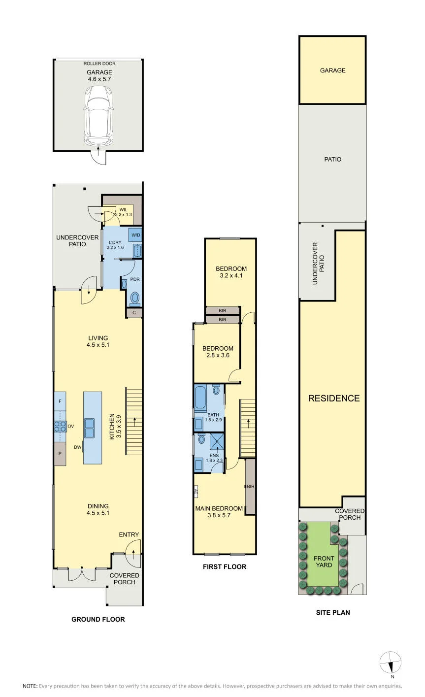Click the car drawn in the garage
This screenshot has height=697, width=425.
tap(98, 115)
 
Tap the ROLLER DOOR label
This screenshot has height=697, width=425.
tap(99, 64)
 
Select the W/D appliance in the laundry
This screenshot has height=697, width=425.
tap(135, 235)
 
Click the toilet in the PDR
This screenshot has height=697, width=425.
tap(135, 298)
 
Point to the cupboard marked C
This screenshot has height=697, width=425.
tap(134, 313)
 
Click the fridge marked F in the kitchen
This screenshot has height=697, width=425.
tap(60, 401)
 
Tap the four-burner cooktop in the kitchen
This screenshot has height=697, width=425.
tap(61, 426)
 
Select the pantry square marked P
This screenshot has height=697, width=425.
tap(60, 454)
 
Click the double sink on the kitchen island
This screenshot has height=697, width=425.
tap(90, 428)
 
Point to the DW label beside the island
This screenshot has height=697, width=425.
tap(78, 447)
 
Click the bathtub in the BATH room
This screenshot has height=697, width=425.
tap(200, 397)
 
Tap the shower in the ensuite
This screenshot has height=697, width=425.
tap(217, 441)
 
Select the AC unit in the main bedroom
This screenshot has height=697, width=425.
tap(196, 492)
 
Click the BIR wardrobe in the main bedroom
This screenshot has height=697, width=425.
tap(250, 486)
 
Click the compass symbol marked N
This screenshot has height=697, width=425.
tap(391, 663)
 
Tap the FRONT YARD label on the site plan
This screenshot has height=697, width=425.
tap(324, 562)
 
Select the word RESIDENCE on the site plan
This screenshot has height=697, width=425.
tap(334, 398)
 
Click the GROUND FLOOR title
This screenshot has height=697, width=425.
tap(98, 619)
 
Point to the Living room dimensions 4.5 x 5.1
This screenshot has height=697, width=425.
tap(98, 345)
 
